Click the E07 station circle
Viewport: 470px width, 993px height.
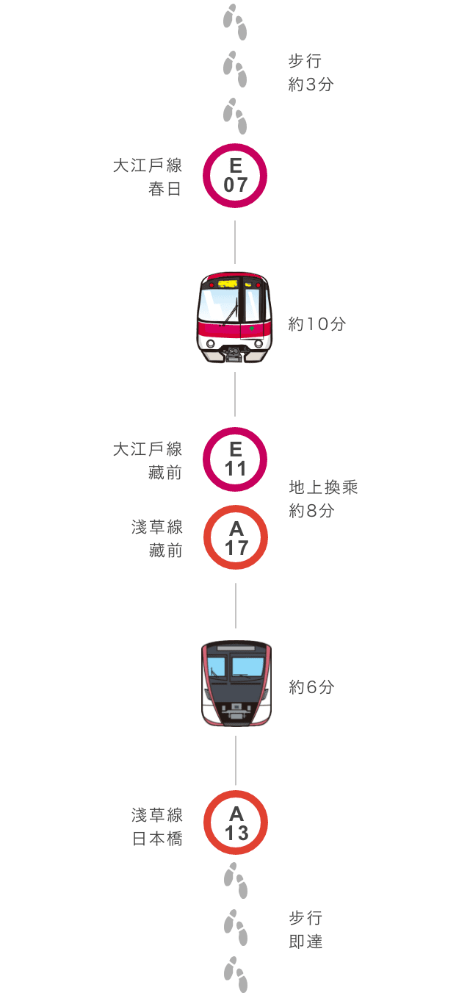(235, 145)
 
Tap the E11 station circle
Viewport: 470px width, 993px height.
(235, 429)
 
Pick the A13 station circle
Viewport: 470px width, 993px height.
(236, 792)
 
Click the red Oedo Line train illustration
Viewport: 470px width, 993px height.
(234, 318)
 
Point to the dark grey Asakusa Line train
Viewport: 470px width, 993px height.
(236, 683)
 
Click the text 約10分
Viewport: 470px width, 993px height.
(317, 324)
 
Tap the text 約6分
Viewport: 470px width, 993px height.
(311, 687)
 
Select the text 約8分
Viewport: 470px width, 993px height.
(311, 511)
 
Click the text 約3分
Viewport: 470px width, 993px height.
(311, 85)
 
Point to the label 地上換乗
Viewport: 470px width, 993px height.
(323, 487)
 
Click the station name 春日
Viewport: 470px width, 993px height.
(164, 189)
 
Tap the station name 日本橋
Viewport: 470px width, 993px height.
(157, 839)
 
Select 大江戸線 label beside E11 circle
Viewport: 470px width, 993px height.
(148, 449)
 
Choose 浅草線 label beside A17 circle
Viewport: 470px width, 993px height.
(157, 527)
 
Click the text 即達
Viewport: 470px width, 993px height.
(305, 941)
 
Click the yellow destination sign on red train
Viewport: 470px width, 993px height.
(228, 284)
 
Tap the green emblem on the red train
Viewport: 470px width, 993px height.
(252, 329)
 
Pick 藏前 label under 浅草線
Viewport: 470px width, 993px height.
(166, 551)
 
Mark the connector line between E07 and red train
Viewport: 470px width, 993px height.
(235, 242)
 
